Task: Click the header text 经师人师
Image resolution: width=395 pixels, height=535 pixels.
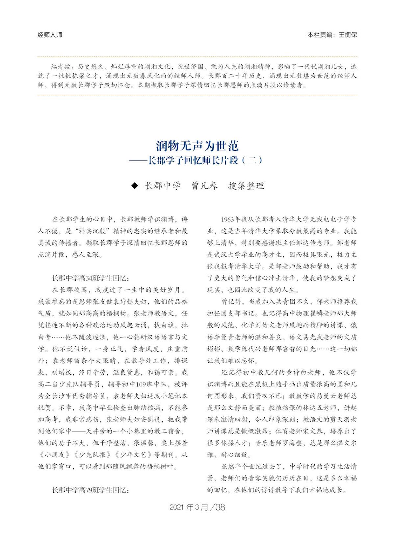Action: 50,35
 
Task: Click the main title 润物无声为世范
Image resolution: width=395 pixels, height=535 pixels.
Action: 197,146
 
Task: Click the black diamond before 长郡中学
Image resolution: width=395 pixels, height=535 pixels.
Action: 135,186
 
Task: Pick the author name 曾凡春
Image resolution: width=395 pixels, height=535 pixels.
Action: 204,186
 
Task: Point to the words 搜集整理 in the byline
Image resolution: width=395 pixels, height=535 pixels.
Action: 246,186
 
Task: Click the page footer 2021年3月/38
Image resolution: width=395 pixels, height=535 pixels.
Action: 197,507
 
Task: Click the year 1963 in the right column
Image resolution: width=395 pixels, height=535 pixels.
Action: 228,220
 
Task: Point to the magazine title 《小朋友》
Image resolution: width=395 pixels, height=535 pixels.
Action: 54,455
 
